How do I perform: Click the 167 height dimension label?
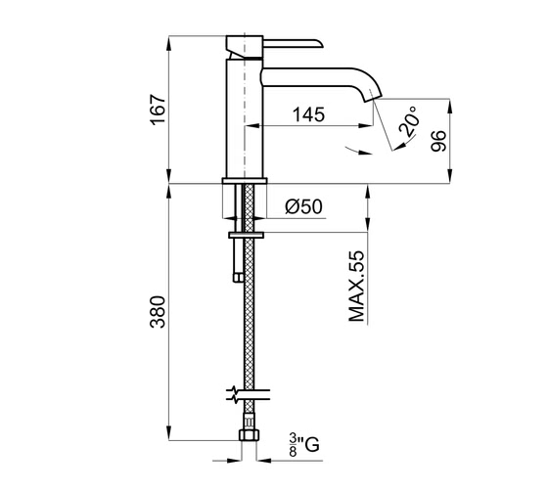tap(158, 110)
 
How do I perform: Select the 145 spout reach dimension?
tap(308, 114)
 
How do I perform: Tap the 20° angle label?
tap(409, 121)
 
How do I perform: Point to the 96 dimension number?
tap(438, 141)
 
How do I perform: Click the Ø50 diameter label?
tap(303, 206)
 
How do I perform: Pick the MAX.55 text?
tap(357, 286)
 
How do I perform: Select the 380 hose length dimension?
tap(158, 312)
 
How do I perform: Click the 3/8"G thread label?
tap(304, 445)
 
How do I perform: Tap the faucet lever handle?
tap(293, 42)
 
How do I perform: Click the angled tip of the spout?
tap(373, 96)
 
